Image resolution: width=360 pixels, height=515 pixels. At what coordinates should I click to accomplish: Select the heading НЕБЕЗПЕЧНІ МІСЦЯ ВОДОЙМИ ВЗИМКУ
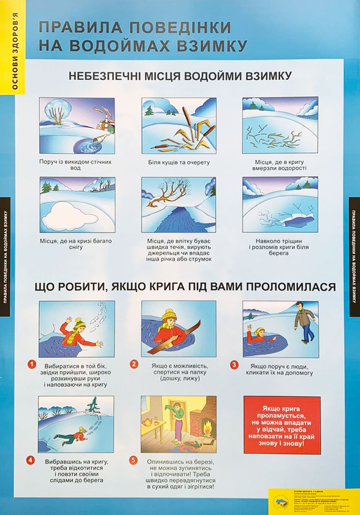tap(179, 77)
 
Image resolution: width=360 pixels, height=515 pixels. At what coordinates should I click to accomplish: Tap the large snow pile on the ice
tap(68, 213)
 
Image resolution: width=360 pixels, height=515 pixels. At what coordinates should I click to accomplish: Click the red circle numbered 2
tap(133, 364)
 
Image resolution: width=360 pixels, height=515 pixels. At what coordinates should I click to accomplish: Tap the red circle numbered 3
tap(234, 364)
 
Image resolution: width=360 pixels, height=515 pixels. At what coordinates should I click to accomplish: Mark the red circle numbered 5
tap(133, 460)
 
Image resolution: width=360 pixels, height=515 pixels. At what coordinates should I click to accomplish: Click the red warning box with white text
tap(281, 425)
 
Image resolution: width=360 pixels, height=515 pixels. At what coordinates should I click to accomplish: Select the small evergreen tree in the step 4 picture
tap(93, 408)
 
